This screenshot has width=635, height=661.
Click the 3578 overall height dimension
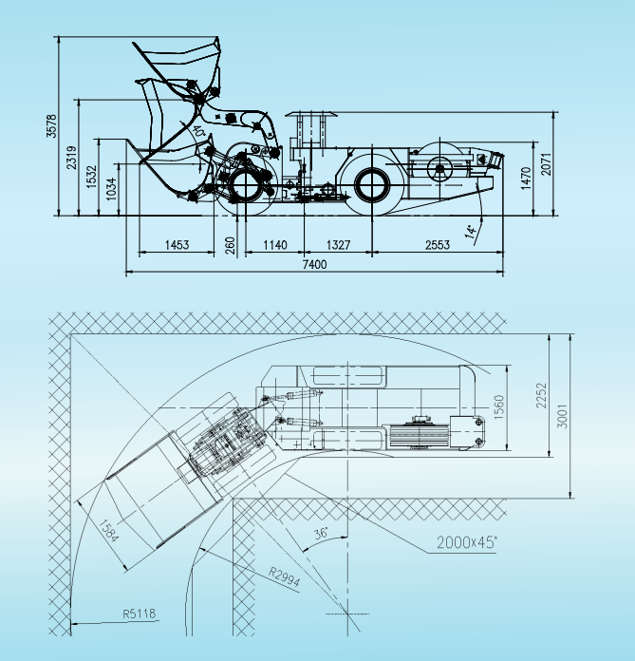tap(51, 125)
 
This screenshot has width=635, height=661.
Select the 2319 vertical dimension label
tap(71, 158)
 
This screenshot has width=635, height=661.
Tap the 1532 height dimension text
tap(91, 177)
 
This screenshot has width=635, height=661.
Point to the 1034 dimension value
tap(110, 188)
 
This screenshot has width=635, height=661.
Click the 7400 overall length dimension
tap(314, 264)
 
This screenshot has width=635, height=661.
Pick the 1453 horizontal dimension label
tap(177, 245)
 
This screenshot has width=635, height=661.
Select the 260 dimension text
tap(230, 246)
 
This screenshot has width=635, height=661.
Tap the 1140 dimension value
tap(274, 245)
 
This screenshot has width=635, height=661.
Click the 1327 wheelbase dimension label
tap(338, 245)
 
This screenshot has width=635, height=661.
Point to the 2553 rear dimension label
tap(438, 245)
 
